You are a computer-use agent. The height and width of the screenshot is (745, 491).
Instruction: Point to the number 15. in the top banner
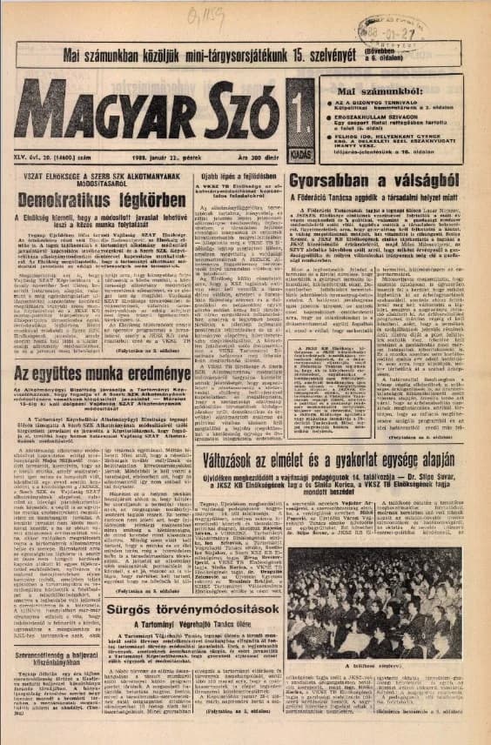(x=319, y=57)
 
